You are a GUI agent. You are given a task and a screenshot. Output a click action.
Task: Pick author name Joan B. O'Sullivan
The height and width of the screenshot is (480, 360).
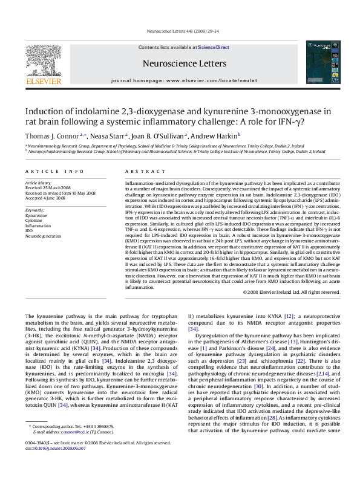point(159,135)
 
